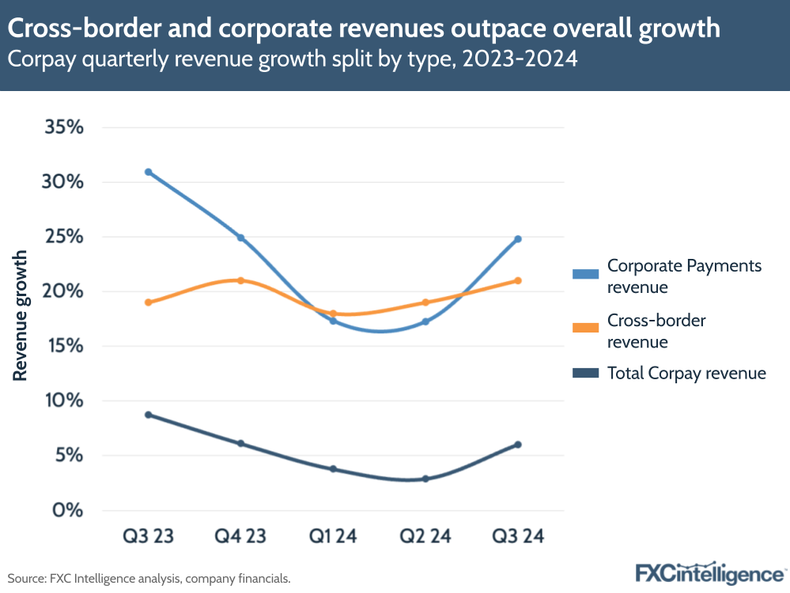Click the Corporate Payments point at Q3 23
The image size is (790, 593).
click(148, 172)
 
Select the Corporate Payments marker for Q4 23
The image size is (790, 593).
click(240, 238)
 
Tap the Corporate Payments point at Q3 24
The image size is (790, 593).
click(518, 239)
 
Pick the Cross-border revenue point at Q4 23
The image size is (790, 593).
click(240, 280)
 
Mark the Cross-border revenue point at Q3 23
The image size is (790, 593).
click(148, 302)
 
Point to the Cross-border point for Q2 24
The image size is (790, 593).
click(425, 302)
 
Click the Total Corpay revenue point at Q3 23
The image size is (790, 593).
click(148, 415)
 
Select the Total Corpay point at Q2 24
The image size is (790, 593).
click(425, 479)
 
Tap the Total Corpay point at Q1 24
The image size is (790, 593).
click(333, 469)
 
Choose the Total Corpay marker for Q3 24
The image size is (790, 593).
click(518, 445)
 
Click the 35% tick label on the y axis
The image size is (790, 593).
click(62, 127)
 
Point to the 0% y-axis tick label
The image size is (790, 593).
click(67, 510)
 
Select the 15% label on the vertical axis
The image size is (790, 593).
click(62, 346)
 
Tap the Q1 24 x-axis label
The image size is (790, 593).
click(333, 537)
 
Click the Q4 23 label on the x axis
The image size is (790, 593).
click(240, 537)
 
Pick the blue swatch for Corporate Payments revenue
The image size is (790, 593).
click(584, 274)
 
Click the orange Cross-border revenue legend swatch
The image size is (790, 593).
click(584, 327)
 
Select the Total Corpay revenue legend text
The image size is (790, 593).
click(686, 373)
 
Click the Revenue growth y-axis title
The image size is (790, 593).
click(21, 315)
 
